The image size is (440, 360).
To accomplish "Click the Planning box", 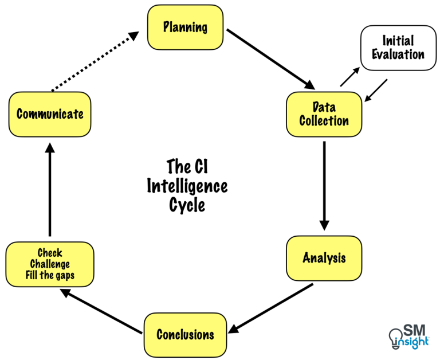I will [x=184, y=28].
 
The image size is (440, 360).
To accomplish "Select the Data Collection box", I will [x=324, y=114].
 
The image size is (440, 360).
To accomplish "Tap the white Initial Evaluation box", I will [x=398, y=48].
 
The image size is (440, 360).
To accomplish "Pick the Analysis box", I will [x=324, y=257].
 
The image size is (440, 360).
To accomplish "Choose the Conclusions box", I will [x=185, y=334].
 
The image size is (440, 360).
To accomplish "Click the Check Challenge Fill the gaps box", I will [x=49, y=264].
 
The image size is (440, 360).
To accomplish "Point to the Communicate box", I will [x=50, y=114].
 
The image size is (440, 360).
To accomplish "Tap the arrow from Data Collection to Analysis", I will [x=324, y=183].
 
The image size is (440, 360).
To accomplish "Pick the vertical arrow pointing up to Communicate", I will [x=50, y=189].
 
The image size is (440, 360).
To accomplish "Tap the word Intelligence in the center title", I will [x=187, y=186].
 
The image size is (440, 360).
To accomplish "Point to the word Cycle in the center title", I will [x=187, y=205].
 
